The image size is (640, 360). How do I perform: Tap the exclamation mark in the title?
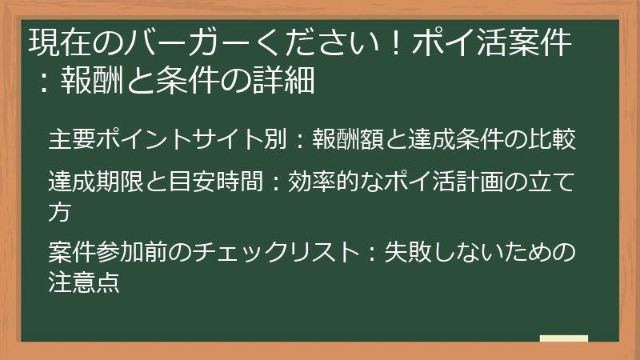coord(394,44)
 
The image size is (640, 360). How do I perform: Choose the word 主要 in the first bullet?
coord(72,138)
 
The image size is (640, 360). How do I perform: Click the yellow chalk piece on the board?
coord(564,338)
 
